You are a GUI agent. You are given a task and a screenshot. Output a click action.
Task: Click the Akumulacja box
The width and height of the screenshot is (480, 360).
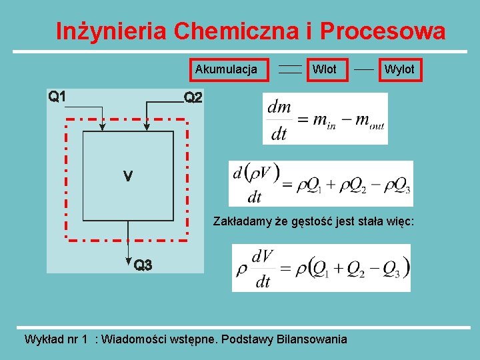click(226, 69)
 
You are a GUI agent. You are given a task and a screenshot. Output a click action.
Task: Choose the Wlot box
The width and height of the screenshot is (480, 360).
click(325, 69)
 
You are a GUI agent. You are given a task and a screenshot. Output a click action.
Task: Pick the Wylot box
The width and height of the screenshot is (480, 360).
click(399, 69)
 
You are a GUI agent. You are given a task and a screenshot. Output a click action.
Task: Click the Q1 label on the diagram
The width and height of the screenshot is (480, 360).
click(57, 97)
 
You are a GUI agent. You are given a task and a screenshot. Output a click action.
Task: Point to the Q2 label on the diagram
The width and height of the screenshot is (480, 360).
click(193, 98)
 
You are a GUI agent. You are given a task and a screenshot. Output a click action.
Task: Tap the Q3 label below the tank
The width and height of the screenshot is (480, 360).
click(143, 265)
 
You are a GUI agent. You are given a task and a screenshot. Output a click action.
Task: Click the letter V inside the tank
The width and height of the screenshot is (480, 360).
click(127, 176)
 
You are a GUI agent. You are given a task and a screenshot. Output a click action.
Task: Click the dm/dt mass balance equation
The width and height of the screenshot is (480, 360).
click(325, 119)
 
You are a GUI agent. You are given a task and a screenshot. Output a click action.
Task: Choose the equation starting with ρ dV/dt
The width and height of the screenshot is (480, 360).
click(321, 268)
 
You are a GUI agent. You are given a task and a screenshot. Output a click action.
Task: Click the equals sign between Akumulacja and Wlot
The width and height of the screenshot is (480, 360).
click(289, 69)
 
